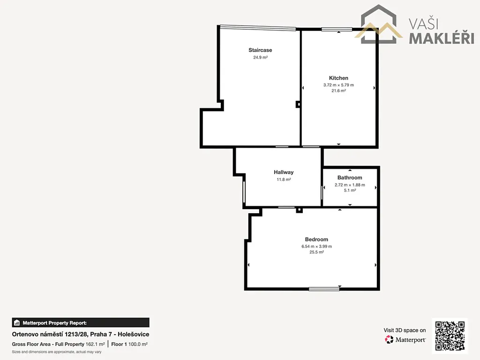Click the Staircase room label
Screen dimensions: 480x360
click(x=260, y=50)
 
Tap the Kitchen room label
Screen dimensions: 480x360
click(x=338, y=78)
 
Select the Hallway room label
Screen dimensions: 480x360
click(x=284, y=172)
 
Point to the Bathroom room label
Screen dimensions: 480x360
click(x=350, y=178)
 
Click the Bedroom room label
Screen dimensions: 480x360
click(x=316, y=240)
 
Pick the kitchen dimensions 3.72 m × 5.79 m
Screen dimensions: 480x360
click(x=338, y=85)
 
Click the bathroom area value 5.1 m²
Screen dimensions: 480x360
click(x=350, y=190)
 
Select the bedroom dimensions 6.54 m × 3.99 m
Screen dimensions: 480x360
click(x=316, y=247)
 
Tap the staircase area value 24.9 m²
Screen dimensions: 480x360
click(x=260, y=57)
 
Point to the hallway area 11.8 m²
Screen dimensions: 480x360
click(x=284, y=180)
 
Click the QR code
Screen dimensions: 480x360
click(x=450, y=336)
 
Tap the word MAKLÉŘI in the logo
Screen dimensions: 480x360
click(x=442, y=38)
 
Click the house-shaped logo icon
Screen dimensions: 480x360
click(x=379, y=24)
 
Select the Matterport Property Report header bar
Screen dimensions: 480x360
click(x=81, y=322)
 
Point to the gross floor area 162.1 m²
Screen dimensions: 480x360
click(x=95, y=344)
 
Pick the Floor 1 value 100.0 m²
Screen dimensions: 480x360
click(x=138, y=344)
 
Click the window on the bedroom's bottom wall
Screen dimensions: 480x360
click(x=324, y=289)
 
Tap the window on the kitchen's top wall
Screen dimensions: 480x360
click(x=337, y=30)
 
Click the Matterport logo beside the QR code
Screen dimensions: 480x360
click(x=405, y=339)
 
